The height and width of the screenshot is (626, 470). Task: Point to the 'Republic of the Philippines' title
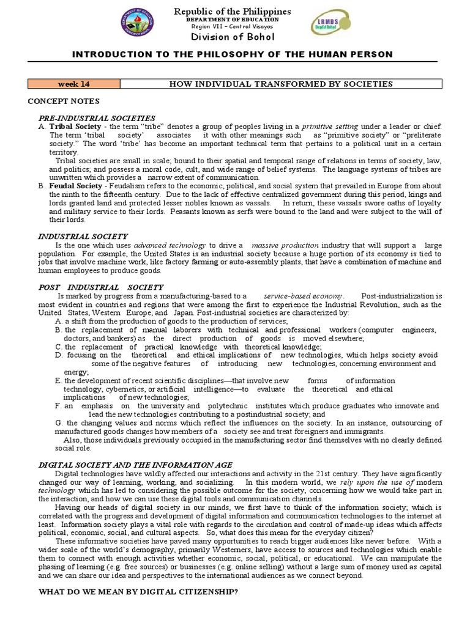click(233, 12)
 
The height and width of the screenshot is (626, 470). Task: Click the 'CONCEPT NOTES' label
click(64, 100)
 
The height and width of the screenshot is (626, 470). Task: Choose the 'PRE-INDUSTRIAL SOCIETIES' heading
click(97, 117)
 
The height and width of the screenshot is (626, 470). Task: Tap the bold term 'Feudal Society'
click(73, 185)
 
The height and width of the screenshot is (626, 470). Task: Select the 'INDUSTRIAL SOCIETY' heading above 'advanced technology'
click(83, 235)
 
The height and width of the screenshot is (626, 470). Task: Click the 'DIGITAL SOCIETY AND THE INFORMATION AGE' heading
click(135, 465)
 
